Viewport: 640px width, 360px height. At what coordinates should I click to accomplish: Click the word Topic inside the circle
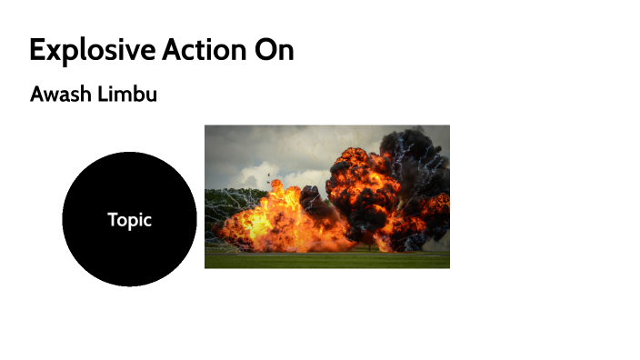(x=129, y=220)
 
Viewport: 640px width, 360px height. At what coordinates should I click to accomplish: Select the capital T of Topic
(x=112, y=220)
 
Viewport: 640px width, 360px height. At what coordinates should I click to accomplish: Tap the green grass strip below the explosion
(x=327, y=260)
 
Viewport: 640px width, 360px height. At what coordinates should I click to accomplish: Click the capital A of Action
(x=170, y=51)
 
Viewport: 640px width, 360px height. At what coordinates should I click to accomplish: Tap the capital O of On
(x=265, y=51)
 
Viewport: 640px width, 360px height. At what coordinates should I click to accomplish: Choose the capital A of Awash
(x=37, y=95)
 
